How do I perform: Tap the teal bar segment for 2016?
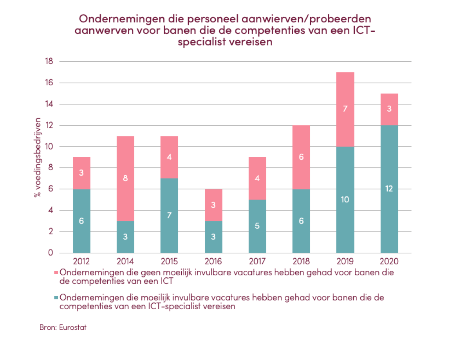[x=213, y=237]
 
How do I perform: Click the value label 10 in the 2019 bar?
[x=345, y=200]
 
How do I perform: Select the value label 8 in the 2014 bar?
[x=125, y=178]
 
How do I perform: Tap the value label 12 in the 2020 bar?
[x=389, y=189]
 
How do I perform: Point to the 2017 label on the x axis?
[x=257, y=261]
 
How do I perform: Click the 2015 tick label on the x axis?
[x=169, y=261]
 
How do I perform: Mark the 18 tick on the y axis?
[x=49, y=61]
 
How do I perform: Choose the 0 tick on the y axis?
[x=51, y=253]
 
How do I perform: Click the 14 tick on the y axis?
[x=49, y=104]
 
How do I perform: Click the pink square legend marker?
[x=57, y=272]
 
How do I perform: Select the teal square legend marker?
[x=57, y=298]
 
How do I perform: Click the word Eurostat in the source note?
[x=72, y=328]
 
